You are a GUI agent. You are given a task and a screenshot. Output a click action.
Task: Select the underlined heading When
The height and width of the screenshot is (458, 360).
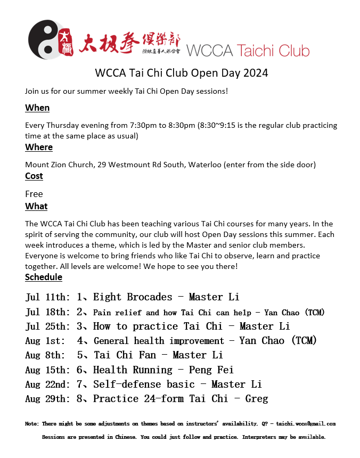click(x=37, y=108)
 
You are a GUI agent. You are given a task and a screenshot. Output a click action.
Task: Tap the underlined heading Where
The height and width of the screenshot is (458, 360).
click(x=39, y=147)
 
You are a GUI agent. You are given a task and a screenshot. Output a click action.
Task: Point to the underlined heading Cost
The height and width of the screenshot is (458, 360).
click(x=34, y=176)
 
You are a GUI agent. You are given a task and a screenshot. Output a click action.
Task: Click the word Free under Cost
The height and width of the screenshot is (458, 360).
click(x=34, y=194)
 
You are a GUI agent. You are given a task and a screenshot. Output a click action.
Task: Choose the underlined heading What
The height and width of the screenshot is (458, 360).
click(x=36, y=206)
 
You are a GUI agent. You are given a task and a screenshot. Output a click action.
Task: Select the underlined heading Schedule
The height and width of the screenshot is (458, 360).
click(x=44, y=277)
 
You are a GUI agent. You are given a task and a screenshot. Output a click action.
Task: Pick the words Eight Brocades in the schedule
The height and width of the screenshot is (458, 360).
click(x=133, y=297)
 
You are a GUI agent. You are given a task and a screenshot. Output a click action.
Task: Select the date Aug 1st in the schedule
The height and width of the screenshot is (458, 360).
click(x=45, y=341)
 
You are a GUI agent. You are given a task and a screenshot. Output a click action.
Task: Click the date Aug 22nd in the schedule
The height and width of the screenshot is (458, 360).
click(x=47, y=384)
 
